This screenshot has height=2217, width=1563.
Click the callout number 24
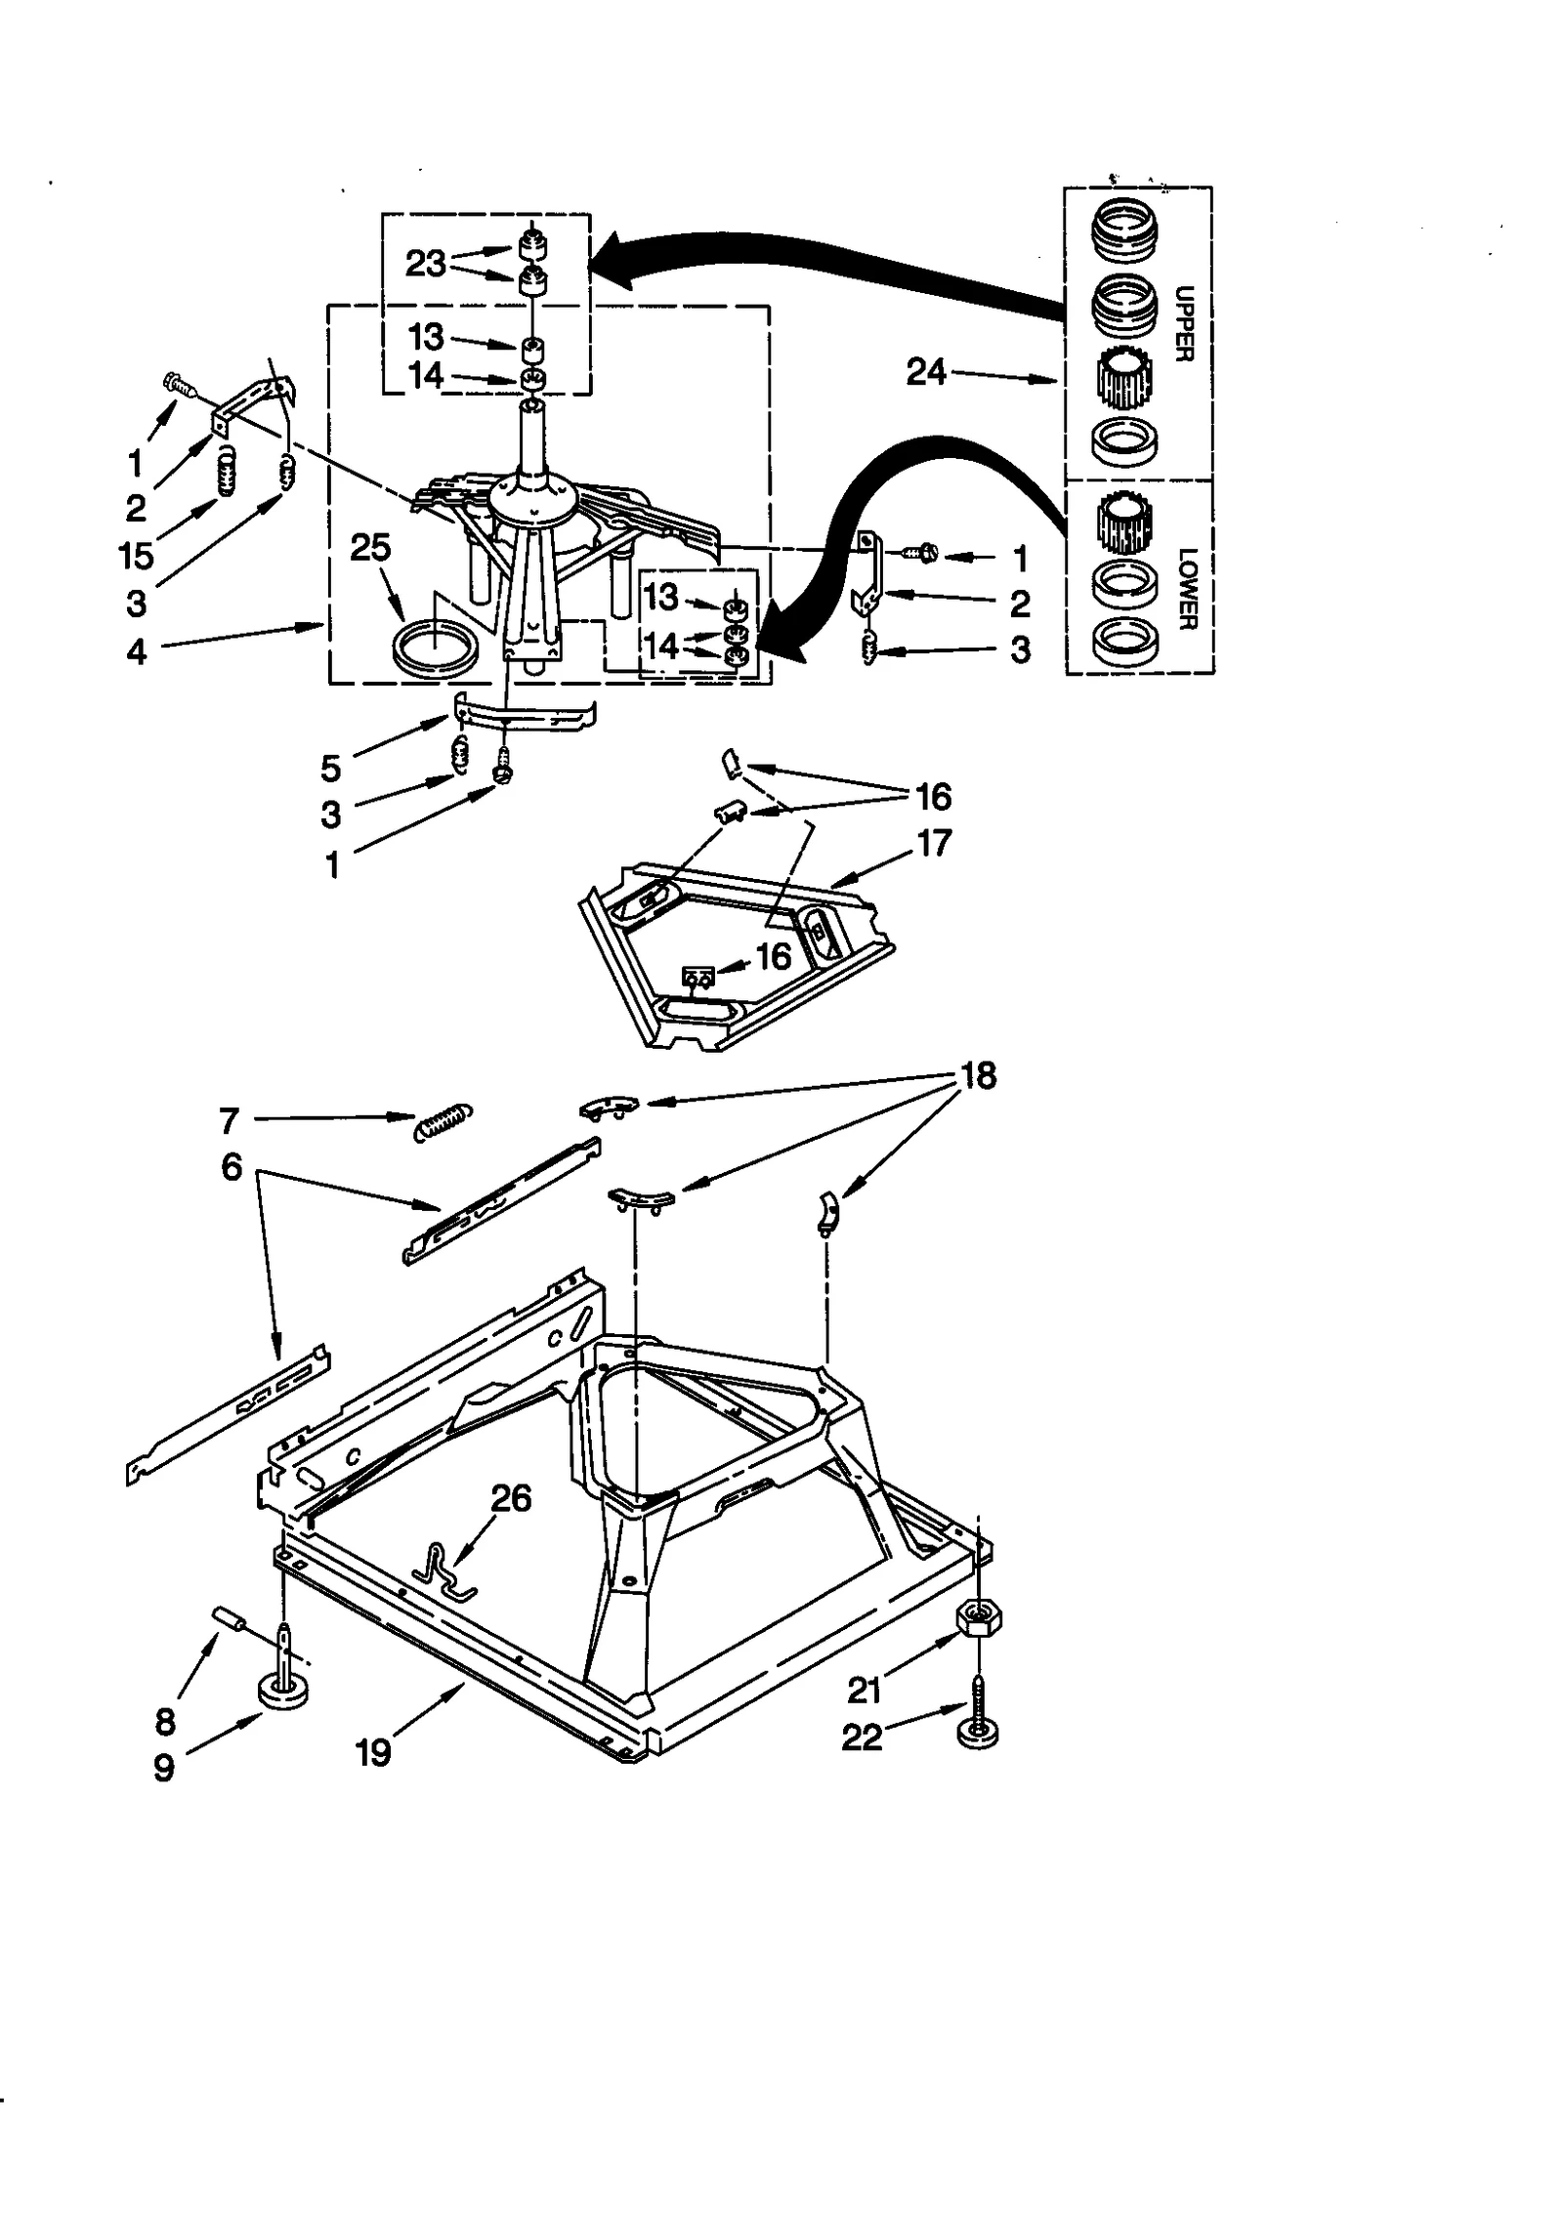(925, 372)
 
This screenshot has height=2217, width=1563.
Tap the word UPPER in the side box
(1183, 323)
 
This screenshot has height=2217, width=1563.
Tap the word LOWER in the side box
(1186, 588)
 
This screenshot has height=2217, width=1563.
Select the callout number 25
(370, 547)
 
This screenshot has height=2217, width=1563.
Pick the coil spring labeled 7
(444, 1121)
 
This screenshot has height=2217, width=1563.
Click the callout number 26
(510, 1497)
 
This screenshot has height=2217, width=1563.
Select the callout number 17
(933, 843)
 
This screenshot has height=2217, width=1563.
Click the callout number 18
(978, 1075)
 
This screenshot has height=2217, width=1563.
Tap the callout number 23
(425, 263)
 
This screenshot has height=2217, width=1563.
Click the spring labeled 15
(226, 471)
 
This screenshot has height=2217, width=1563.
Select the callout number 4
(137, 651)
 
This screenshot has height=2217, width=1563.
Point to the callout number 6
(231, 1166)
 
